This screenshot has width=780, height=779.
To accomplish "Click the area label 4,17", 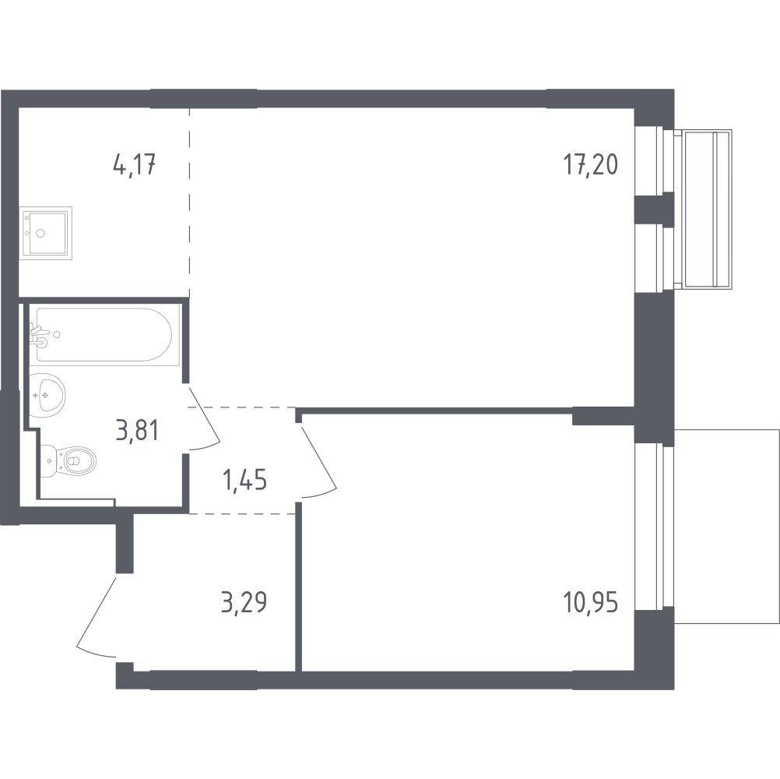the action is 135,165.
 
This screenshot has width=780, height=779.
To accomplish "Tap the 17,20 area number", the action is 591,164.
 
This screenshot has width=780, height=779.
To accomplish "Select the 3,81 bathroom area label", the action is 137,430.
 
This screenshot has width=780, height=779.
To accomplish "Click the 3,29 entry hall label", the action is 244,602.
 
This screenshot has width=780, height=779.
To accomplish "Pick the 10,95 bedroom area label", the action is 591,603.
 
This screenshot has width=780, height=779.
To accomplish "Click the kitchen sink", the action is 46,233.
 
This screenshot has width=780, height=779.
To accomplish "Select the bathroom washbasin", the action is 47,395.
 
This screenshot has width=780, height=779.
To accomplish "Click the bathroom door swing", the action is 203,419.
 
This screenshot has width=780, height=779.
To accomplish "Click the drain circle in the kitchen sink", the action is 41,233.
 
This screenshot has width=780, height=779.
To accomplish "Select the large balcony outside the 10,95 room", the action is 727,526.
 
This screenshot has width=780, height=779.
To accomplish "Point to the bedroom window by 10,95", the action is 654,526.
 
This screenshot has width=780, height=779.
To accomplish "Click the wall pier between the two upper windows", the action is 654,209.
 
